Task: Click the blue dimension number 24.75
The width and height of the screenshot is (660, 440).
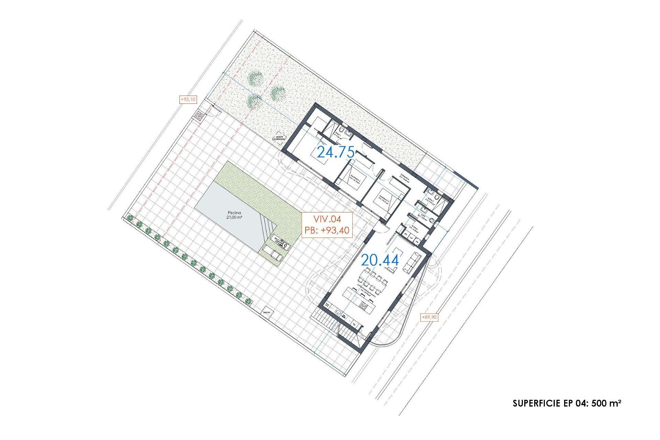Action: [x=335, y=152]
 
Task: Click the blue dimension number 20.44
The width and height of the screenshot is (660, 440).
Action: [x=380, y=260]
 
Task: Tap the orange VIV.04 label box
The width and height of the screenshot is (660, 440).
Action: [x=327, y=224]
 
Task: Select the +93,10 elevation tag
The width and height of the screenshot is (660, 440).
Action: [x=188, y=100]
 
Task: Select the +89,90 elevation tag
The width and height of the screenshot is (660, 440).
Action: [x=429, y=317]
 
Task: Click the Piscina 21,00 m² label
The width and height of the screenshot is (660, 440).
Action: [x=234, y=215]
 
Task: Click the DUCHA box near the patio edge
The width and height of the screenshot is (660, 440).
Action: [x=267, y=312]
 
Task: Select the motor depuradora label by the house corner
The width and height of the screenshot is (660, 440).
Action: [x=279, y=138]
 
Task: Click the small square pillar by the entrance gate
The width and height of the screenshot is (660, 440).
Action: [x=199, y=116]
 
